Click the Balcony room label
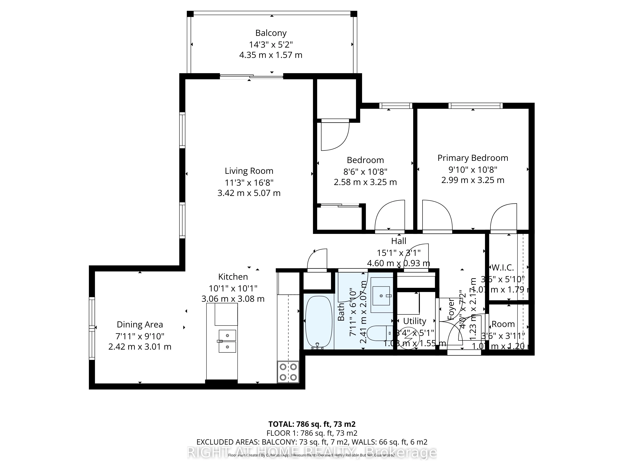pos(271,33)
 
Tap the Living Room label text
pos(249,171)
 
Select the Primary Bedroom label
pos(473,158)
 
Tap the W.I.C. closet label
pos(502,267)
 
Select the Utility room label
pos(414,321)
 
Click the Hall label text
pos(399,241)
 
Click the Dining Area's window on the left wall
pos(92,328)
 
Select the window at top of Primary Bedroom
pos(475,106)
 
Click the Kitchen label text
pos(233,277)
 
